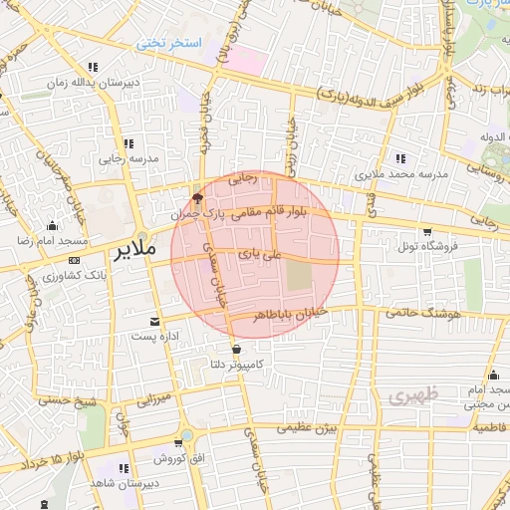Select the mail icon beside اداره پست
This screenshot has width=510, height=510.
[153, 321]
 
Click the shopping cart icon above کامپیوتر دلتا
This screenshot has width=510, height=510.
[235, 349]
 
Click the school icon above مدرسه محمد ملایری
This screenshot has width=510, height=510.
[400, 157]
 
